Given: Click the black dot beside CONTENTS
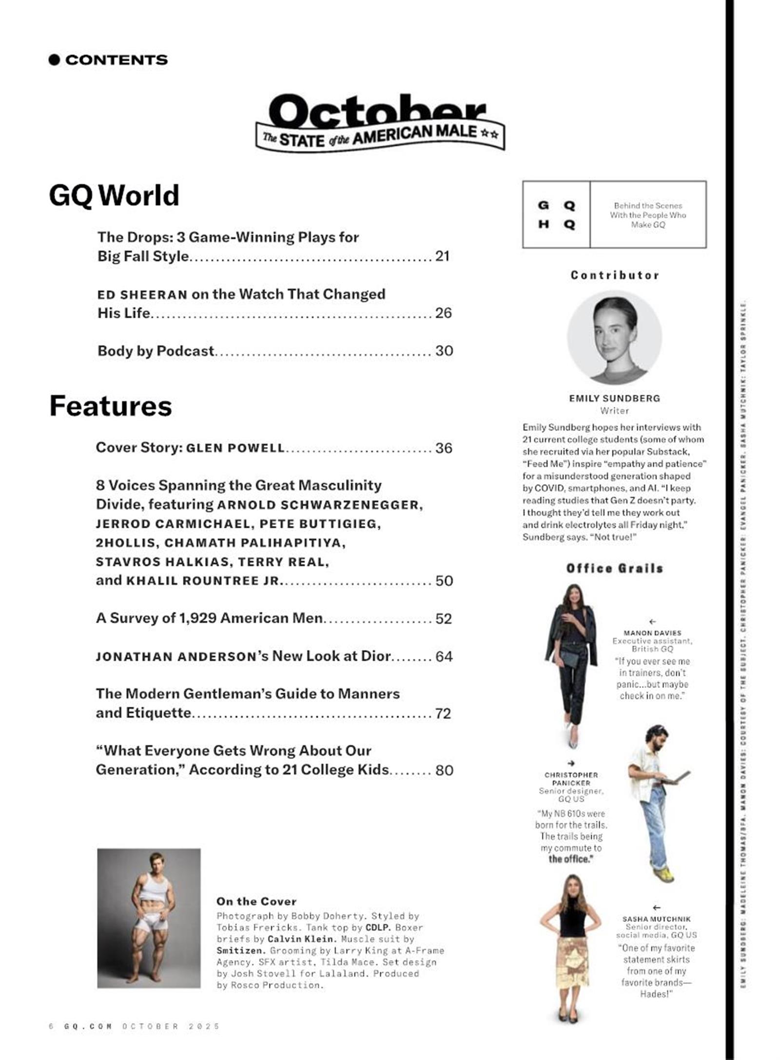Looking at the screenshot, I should pyautogui.click(x=54, y=60).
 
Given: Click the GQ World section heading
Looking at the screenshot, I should pyautogui.click(x=114, y=195).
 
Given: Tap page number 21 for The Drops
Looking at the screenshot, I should pyautogui.click(x=442, y=256).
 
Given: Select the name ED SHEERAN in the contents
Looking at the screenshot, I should pyautogui.click(x=142, y=295).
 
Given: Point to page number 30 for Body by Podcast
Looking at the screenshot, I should pyautogui.click(x=444, y=351).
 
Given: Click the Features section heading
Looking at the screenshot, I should pyautogui.click(x=111, y=406).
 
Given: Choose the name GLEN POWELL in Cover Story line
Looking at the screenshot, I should pyautogui.click(x=235, y=448).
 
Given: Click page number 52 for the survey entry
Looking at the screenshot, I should pyautogui.click(x=444, y=619).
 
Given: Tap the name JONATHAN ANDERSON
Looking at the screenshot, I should pyautogui.click(x=176, y=657).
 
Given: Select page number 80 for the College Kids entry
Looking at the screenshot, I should pyautogui.click(x=444, y=771).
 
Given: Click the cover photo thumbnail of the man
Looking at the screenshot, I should pyautogui.click(x=149, y=918).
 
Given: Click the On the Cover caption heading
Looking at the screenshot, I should pyautogui.click(x=256, y=902).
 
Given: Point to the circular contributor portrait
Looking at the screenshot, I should pyautogui.click(x=614, y=338).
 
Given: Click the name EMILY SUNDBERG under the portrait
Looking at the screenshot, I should pyautogui.click(x=614, y=398).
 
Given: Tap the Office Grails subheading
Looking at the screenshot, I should pyautogui.click(x=615, y=568).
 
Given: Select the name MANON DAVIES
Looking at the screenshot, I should pyautogui.click(x=652, y=633).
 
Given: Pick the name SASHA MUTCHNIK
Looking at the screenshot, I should pyautogui.click(x=656, y=919).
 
